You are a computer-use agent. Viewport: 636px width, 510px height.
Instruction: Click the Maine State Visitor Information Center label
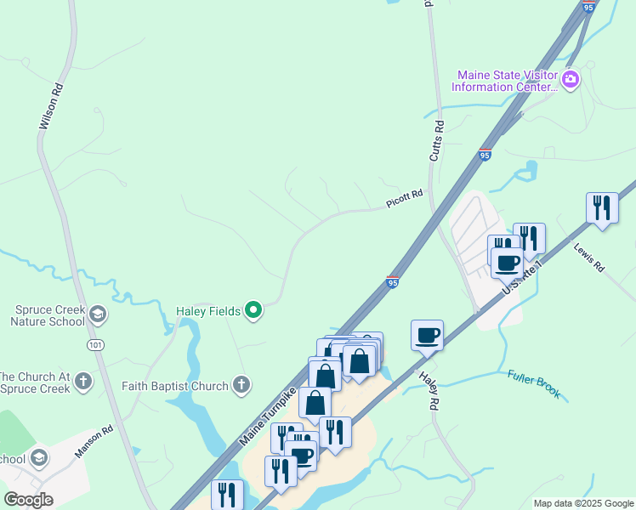[x=505, y=81]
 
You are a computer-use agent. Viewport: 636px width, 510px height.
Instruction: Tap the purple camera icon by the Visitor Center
[x=571, y=81]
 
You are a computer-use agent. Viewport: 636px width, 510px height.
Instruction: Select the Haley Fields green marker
[x=253, y=310]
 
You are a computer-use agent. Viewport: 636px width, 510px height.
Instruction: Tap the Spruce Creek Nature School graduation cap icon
[x=98, y=315]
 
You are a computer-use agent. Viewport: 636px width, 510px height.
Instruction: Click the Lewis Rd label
[x=588, y=258]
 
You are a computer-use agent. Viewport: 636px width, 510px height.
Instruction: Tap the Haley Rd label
[x=428, y=388]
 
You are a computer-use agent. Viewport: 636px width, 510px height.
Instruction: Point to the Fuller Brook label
[x=534, y=384]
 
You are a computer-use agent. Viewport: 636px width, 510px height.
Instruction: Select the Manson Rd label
[x=94, y=442]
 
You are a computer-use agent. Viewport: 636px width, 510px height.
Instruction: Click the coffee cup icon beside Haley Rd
[x=427, y=334]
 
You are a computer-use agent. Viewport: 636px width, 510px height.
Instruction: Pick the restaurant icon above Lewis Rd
[x=602, y=207]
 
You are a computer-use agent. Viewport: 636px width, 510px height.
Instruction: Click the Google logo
[x=28, y=499]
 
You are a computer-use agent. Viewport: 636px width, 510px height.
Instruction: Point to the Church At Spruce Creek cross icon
[x=82, y=381]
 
